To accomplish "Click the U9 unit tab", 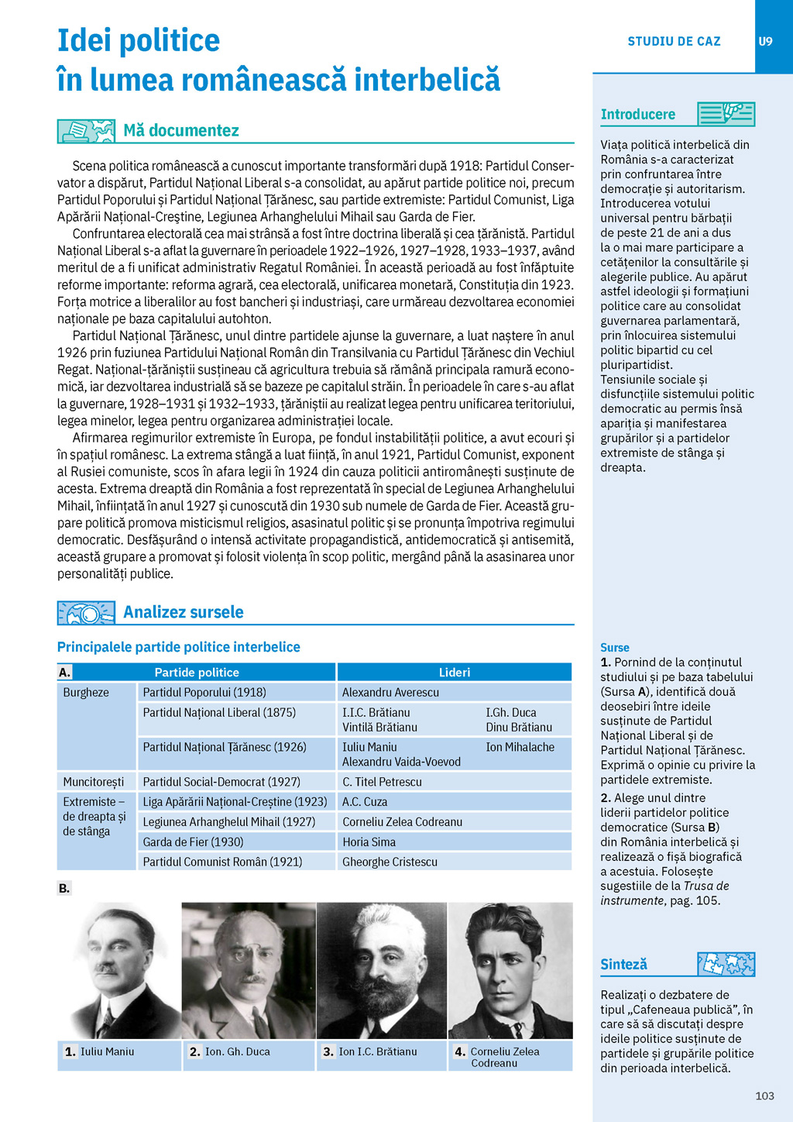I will tap(765, 42).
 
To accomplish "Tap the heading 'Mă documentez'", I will tap(181, 131).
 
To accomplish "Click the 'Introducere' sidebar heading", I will tap(638, 115).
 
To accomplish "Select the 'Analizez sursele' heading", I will tap(184, 612).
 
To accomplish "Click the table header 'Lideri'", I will tap(455, 673).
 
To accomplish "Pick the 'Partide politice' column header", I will tap(197, 673).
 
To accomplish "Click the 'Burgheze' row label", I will tap(86, 693).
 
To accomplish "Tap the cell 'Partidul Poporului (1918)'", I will tap(204, 693).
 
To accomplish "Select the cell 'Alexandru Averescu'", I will tap(390, 693).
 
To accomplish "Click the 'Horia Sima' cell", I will tap(369, 842).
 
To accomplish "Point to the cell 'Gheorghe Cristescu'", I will tap(390, 862).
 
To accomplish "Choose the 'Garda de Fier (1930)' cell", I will tap(193, 842).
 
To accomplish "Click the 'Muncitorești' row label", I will tap(94, 782).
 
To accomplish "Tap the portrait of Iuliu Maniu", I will tap(121, 970).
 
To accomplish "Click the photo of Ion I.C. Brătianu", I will tap(381, 970).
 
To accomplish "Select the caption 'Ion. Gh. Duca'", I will tap(237, 1052).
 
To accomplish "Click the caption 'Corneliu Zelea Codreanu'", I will tap(505, 1057).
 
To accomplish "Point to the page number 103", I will tap(764, 1096).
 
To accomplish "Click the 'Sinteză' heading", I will tap(623, 965).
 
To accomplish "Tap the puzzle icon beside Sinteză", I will tap(726, 964).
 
